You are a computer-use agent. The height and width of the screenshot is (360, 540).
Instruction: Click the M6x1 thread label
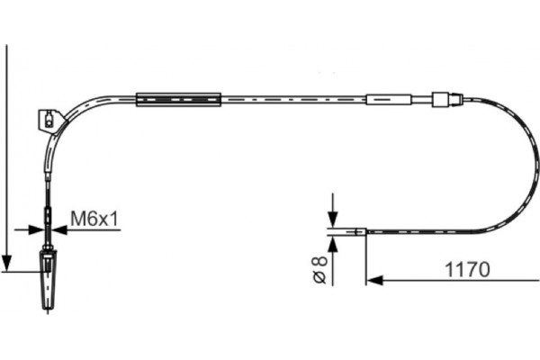pyautogui.click(x=95, y=219)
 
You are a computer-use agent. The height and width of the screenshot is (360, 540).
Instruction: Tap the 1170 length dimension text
pyautogui.click(x=466, y=268)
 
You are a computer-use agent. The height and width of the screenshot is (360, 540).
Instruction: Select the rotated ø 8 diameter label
pyautogui.click(x=318, y=272)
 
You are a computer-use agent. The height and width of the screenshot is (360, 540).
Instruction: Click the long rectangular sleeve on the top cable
pyautogui.click(x=178, y=99)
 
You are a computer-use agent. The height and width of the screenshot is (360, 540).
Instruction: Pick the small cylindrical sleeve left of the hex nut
pyautogui.click(x=389, y=98)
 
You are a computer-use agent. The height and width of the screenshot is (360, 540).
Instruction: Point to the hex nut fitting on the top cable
pyautogui.click(x=442, y=98)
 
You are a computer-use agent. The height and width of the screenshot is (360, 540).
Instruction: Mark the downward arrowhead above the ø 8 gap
pyautogui.click(x=332, y=222)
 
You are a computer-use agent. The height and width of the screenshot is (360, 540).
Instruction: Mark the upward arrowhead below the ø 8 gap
pyautogui.click(x=332, y=242)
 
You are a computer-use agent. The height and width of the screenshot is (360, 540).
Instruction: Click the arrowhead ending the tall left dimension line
pyautogui.click(x=7, y=265)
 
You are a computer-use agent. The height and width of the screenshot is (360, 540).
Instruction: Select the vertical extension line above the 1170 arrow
pyautogui.click(x=366, y=256)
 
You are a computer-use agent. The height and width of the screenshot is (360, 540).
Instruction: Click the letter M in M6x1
pyautogui.click(x=77, y=219)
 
